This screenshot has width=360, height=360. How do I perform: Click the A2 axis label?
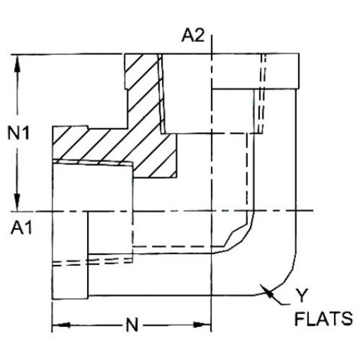pos(192,36)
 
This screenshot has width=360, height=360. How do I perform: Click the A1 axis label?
pos(21,229)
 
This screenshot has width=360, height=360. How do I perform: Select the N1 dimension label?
pos(19,134)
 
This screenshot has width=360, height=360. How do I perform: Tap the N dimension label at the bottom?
pos(132,325)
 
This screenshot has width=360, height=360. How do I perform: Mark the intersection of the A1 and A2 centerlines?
pos(211,211)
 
